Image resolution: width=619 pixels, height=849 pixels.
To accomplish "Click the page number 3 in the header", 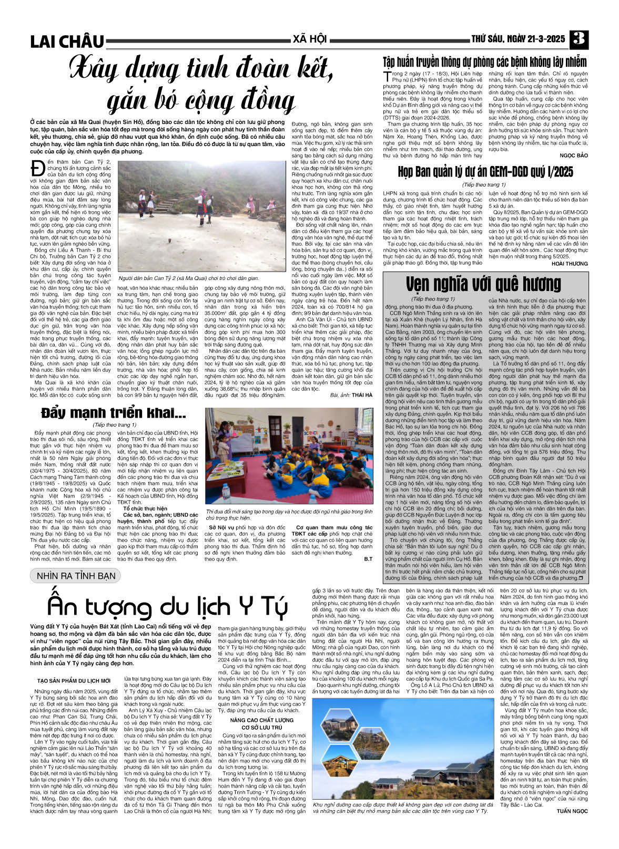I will click(579, 39).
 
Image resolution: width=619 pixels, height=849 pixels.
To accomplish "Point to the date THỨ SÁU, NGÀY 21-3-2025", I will click(517, 39).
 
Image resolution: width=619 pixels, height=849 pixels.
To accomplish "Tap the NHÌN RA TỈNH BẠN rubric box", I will click(76, 575).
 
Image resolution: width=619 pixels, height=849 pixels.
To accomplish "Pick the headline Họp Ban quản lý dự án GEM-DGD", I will click(485, 172).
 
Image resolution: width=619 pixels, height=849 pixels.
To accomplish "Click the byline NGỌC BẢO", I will click(574, 156).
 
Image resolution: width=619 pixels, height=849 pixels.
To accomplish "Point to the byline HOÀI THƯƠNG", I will click(570, 263).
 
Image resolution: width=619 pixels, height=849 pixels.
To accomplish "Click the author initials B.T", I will click(368, 559).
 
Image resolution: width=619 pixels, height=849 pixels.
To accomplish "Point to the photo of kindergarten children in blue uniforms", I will click(289, 456).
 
